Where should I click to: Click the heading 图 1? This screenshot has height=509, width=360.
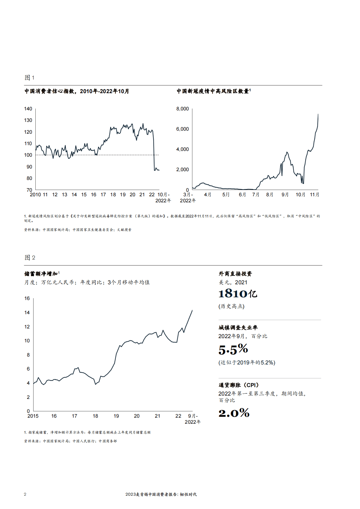pyautogui.click(x=29, y=78)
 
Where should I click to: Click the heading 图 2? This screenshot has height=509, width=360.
pyautogui.click(x=30, y=258)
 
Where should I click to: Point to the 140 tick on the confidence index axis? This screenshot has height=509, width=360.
pyautogui.click(x=28, y=109)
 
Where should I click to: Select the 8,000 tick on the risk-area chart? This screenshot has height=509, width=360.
pyautogui.click(x=182, y=109)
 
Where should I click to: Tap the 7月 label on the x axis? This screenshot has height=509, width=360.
pyautogui.click(x=256, y=195)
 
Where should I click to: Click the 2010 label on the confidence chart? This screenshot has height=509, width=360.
pyautogui.click(x=35, y=195)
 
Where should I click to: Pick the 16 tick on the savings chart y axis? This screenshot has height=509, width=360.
pyautogui.click(x=27, y=299)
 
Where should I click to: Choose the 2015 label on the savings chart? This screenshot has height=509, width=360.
pyautogui.click(x=33, y=416)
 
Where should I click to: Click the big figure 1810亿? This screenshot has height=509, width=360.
pyautogui.click(x=238, y=294)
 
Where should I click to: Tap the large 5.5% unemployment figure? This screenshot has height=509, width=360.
pyautogui.click(x=233, y=350)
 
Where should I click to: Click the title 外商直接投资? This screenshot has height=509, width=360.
pyautogui.click(x=235, y=274)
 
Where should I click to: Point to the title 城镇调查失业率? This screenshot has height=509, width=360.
pyautogui.click(x=238, y=328)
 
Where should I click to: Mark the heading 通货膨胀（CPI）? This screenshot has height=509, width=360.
pyautogui.click(x=239, y=385)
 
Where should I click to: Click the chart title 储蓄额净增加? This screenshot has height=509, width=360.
pyautogui.click(x=41, y=274)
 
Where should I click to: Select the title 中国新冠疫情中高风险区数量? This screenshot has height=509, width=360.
pyautogui.click(x=213, y=91)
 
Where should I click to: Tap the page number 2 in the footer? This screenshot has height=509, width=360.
pyautogui.click(x=25, y=494)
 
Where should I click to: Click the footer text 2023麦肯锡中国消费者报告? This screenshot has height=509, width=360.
pyautogui.click(x=161, y=494)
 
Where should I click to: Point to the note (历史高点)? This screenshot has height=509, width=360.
pyautogui.click(x=231, y=306)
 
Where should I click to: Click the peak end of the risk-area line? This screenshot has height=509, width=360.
pyautogui.click(x=318, y=114)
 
